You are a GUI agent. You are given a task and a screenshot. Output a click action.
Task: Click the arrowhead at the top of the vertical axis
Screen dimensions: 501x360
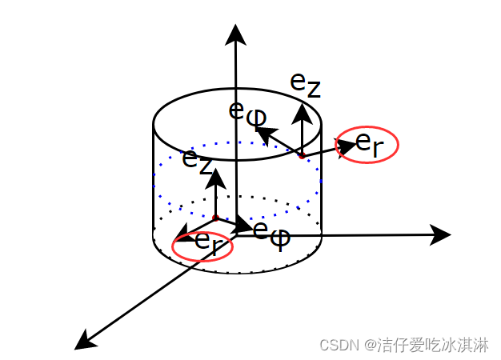point(235,34)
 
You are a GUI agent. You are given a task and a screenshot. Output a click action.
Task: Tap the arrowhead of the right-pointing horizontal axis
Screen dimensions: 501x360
point(439,234)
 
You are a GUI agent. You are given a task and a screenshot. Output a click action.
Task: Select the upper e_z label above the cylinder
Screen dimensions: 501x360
point(305,83)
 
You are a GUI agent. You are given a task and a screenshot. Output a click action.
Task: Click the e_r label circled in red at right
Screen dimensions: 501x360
point(369,144)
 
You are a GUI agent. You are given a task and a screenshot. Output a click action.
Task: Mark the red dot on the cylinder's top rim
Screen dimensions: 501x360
point(302,155)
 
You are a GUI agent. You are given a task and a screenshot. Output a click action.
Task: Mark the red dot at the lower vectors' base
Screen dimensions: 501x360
point(215,217)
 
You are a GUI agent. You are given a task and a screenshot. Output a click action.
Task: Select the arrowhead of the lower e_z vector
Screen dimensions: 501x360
point(215,176)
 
